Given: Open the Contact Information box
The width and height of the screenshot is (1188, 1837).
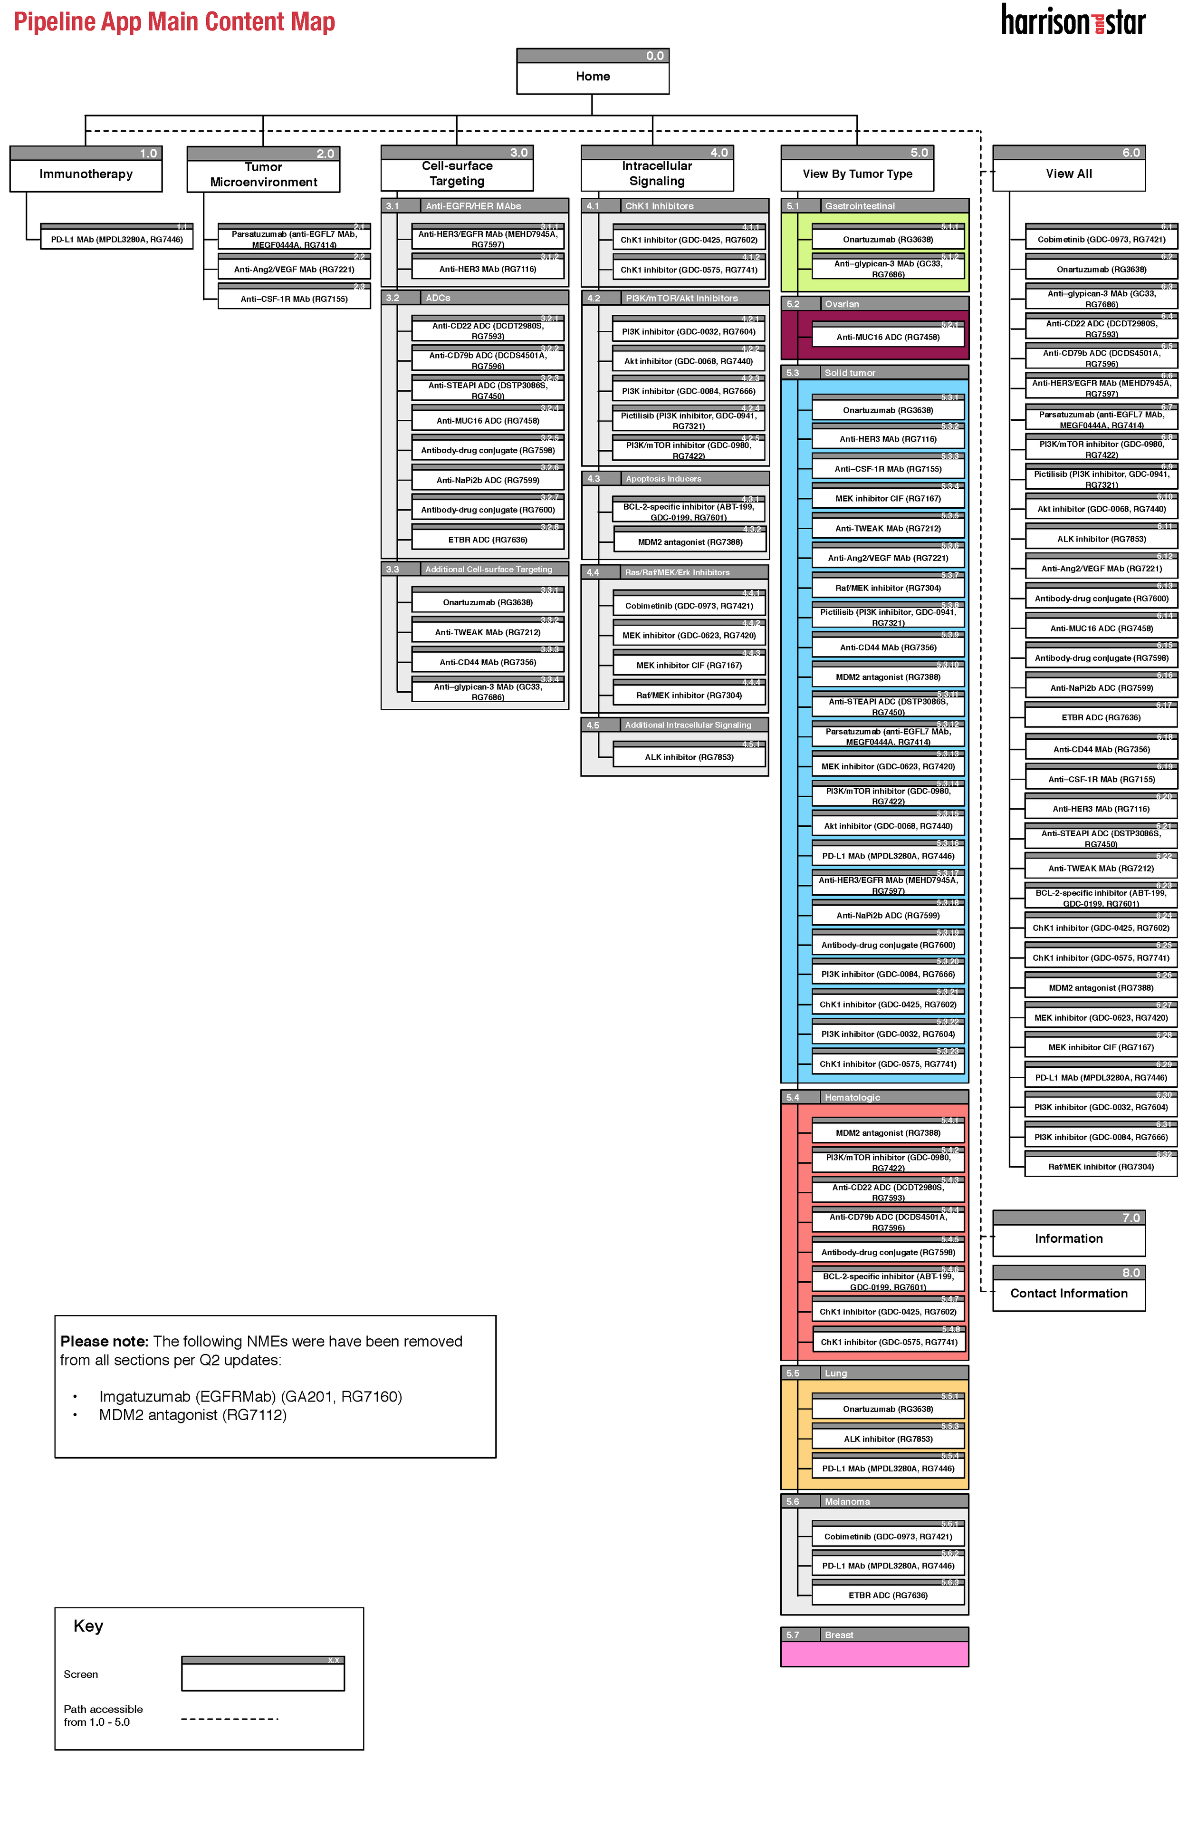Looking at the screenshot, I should [1068, 1294].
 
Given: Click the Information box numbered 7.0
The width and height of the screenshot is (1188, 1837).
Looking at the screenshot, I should [1068, 1239].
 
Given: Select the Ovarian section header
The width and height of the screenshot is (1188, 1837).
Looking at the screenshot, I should [874, 304].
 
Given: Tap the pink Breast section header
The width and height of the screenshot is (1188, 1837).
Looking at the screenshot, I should [874, 1635].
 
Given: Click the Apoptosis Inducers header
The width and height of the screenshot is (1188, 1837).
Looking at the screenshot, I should [674, 479].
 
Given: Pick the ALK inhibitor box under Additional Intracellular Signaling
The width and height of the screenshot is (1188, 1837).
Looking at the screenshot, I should [689, 757].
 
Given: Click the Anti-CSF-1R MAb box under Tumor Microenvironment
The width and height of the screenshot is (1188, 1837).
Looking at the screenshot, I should [294, 299].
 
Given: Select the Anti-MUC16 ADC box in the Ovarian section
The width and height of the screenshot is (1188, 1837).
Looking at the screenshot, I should [888, 337].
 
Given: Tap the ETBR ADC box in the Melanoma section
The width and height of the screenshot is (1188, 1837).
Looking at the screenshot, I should [888, 1595].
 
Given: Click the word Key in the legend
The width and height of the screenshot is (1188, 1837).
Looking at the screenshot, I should [88, 1626].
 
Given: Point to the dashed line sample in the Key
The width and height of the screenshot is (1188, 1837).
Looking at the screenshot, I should [229, 1719].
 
